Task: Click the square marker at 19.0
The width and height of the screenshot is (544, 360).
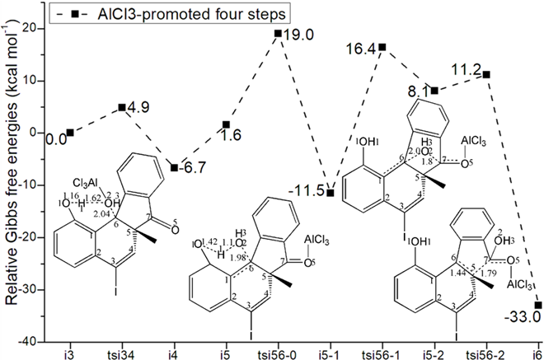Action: tap(278, 34)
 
